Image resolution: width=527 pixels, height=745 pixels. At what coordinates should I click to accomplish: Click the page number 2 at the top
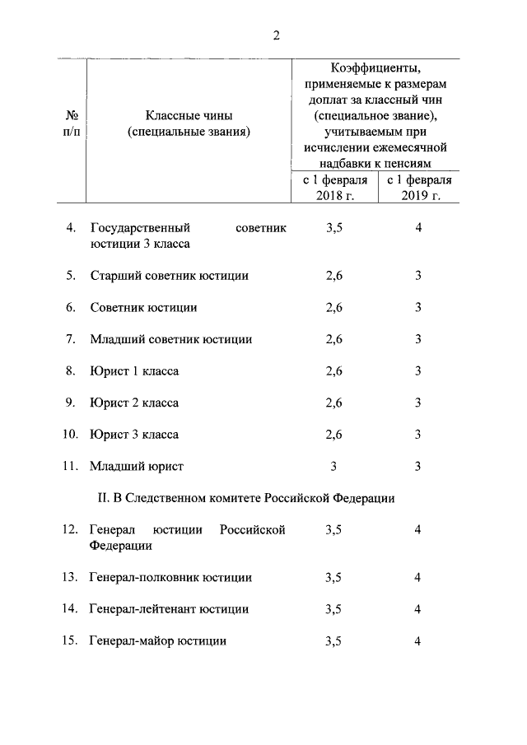(x=276, y=35)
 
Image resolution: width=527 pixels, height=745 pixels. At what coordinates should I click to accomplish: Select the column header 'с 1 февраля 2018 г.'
(x=333, y=187)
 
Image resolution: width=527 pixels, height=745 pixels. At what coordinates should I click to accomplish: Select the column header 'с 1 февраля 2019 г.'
(x=418, y=187)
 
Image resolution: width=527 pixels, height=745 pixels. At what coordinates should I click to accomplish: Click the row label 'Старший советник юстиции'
(x=169, y=277)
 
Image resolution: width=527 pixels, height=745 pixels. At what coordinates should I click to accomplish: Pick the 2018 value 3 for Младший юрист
(x=333, y=466)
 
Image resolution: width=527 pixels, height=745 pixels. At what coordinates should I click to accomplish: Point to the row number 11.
(x=70, y=466)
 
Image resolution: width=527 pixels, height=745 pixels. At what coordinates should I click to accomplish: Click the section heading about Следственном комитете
(x=246, y=498)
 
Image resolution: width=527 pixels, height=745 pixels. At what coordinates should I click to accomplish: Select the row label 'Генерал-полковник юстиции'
(x=170, y=578)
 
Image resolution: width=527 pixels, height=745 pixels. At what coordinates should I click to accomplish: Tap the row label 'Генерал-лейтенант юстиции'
(x=169, y=609)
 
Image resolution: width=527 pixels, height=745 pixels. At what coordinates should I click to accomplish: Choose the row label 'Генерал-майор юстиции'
(x=158, y=640)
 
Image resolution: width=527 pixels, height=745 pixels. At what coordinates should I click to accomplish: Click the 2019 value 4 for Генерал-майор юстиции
(x=418, y=640)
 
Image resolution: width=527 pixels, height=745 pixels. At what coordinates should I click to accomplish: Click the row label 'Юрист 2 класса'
(x=134, y=403)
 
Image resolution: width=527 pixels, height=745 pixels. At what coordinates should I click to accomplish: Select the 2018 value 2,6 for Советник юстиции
(x=333, y=308)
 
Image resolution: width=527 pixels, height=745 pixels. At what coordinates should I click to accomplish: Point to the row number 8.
(x=71, y=371)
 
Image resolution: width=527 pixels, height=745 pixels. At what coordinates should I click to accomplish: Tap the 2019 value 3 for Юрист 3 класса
(x=418, y=434)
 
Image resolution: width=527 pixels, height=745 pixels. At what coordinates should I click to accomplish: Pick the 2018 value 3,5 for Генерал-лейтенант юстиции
(x=333, y=609)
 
